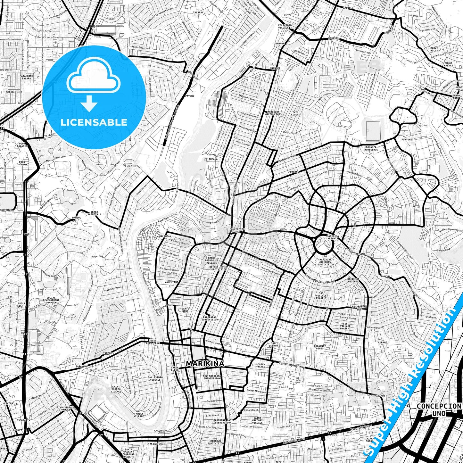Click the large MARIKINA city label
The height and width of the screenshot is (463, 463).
click(205, 363)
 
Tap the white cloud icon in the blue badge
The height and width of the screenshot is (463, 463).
click(94, 79)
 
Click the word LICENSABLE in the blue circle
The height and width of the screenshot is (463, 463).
click(94, 122)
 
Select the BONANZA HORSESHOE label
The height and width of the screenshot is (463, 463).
click(371, 148)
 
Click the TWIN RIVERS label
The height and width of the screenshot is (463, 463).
click(295, 113)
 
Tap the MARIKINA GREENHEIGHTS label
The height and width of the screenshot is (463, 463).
click(273, 113)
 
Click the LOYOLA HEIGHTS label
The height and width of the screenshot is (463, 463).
click(21, 304)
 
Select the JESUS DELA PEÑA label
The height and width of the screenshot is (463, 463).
click(153, 341)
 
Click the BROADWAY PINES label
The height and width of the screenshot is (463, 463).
click(319, 347)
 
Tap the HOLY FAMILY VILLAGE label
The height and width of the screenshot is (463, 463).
click(139, 414)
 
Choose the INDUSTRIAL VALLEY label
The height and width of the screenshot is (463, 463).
click(66, 409)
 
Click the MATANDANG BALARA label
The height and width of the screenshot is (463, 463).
click(26, 77)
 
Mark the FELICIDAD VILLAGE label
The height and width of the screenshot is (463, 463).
click(285, 26)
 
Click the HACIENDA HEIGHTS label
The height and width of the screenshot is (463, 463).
click(353, 280)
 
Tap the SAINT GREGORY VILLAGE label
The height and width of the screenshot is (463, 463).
click(257, 420)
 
